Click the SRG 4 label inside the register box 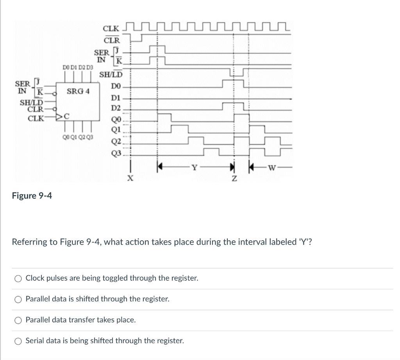(x=78, y=92)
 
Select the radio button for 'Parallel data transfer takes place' (x=18, y=320)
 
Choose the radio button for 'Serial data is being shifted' (x=18, y=341)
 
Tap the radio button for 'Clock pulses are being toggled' (x=18, y=279)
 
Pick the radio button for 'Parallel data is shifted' (x=18, y=299)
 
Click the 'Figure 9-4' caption (x=32, y=195)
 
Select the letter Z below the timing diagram (x=234, y=178)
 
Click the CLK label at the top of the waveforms (x=111, y=29)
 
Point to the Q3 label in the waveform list (x=116, y=153)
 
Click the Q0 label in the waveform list (x=116, y=119)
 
